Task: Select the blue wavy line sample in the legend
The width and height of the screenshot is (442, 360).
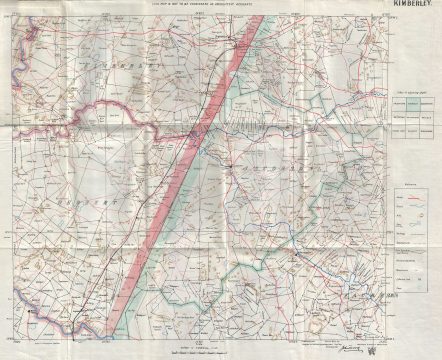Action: [410, 219]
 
